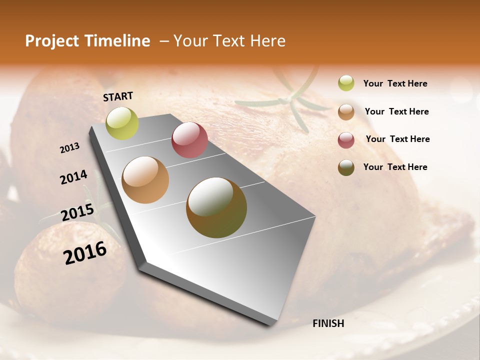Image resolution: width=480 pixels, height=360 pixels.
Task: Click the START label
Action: (118, 96)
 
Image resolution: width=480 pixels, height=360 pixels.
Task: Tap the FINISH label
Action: (328, 323)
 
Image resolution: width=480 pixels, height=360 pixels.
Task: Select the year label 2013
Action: (70, 148)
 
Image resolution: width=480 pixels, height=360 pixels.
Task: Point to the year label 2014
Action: (73, 177)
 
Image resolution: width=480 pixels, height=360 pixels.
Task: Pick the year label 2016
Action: (85, 253)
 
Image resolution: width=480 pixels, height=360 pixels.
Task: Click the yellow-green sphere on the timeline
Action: (122, 123)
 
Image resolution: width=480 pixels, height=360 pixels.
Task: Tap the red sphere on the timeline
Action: (189, 140)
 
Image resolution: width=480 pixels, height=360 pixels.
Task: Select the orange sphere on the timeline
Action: (145, 180)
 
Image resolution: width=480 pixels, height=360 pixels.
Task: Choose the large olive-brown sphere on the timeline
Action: (216, 207)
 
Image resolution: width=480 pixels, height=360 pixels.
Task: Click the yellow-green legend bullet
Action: (346, 83)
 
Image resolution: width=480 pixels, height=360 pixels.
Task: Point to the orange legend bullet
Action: (346, 112)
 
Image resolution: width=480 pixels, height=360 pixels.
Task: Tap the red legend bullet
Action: (346, 140)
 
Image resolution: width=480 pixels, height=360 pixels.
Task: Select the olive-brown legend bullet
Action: (346, 167)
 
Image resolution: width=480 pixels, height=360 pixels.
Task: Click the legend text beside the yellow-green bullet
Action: (395, 83)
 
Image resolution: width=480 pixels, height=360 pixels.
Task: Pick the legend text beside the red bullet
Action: (397, 139)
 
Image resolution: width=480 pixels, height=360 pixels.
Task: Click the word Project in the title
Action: (52, 41)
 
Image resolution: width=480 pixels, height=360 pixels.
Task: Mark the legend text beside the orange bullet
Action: (396, 111)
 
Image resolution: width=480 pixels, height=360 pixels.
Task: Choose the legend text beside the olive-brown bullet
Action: (395, 167)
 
